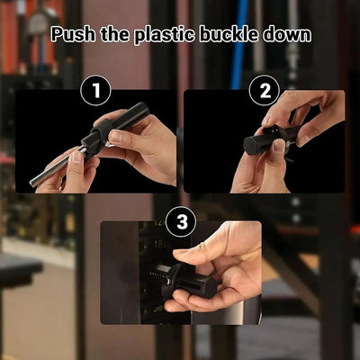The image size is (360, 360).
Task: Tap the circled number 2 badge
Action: click(264, 90)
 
